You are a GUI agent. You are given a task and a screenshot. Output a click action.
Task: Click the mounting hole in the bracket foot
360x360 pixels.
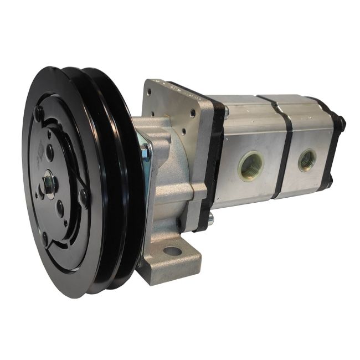point(172,251)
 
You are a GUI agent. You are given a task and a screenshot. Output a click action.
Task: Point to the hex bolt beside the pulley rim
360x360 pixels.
point(146,150)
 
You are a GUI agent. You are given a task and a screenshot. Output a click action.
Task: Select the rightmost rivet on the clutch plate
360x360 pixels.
point(84,195)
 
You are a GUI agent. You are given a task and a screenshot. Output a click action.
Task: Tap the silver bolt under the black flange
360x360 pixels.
point(210,221)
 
